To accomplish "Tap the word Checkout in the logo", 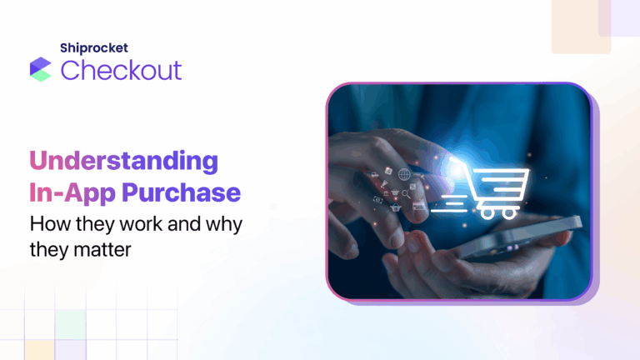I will pyautogui.click(x=121, y=70).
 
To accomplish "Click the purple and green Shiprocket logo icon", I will pyautogui.click(x=40, y=69).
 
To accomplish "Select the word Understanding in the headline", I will pyautogui.click(x=124, y=162).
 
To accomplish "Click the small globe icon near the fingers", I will pyautogui.click(x=404, y=174).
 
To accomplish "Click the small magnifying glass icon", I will pyautogui.click(x=405, y=194).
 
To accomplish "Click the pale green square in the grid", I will pyautogui.click(x=71, y=322).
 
